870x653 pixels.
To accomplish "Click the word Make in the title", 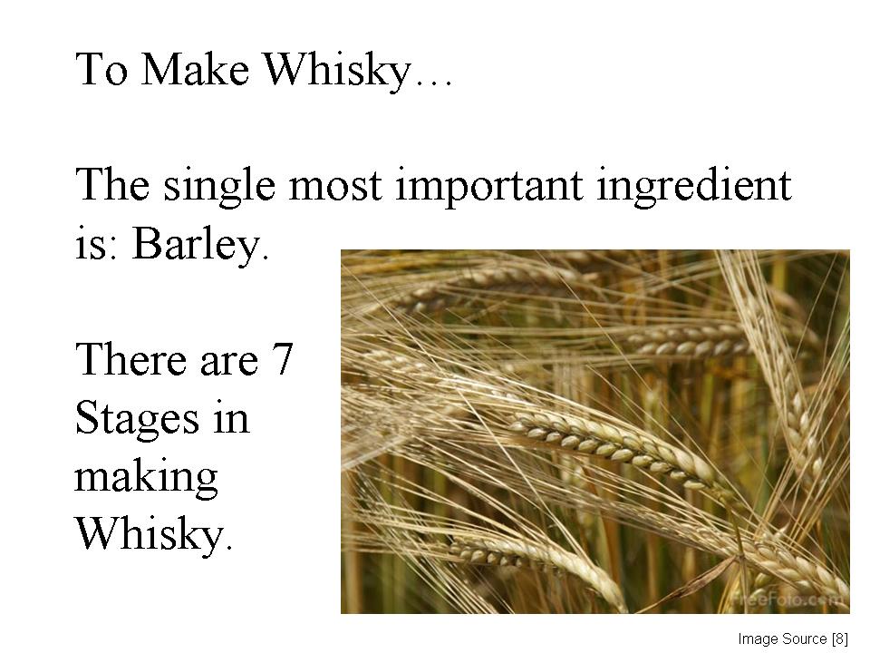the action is pos(195,69).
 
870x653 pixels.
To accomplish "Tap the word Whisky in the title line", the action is pos(338,72).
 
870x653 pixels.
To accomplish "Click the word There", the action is pos(130,359).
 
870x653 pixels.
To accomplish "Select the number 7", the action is pos(283,359).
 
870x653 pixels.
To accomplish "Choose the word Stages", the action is pos(137,419).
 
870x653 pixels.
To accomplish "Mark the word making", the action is pos(146,478).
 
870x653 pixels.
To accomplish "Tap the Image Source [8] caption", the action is pos(793,639).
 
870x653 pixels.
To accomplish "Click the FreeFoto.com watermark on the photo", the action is pos(788,599).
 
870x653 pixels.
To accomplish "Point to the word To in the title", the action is pos(101,69).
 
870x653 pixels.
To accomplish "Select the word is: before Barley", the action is pos(97,245).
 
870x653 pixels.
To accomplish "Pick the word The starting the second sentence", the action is pos(112,184).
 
